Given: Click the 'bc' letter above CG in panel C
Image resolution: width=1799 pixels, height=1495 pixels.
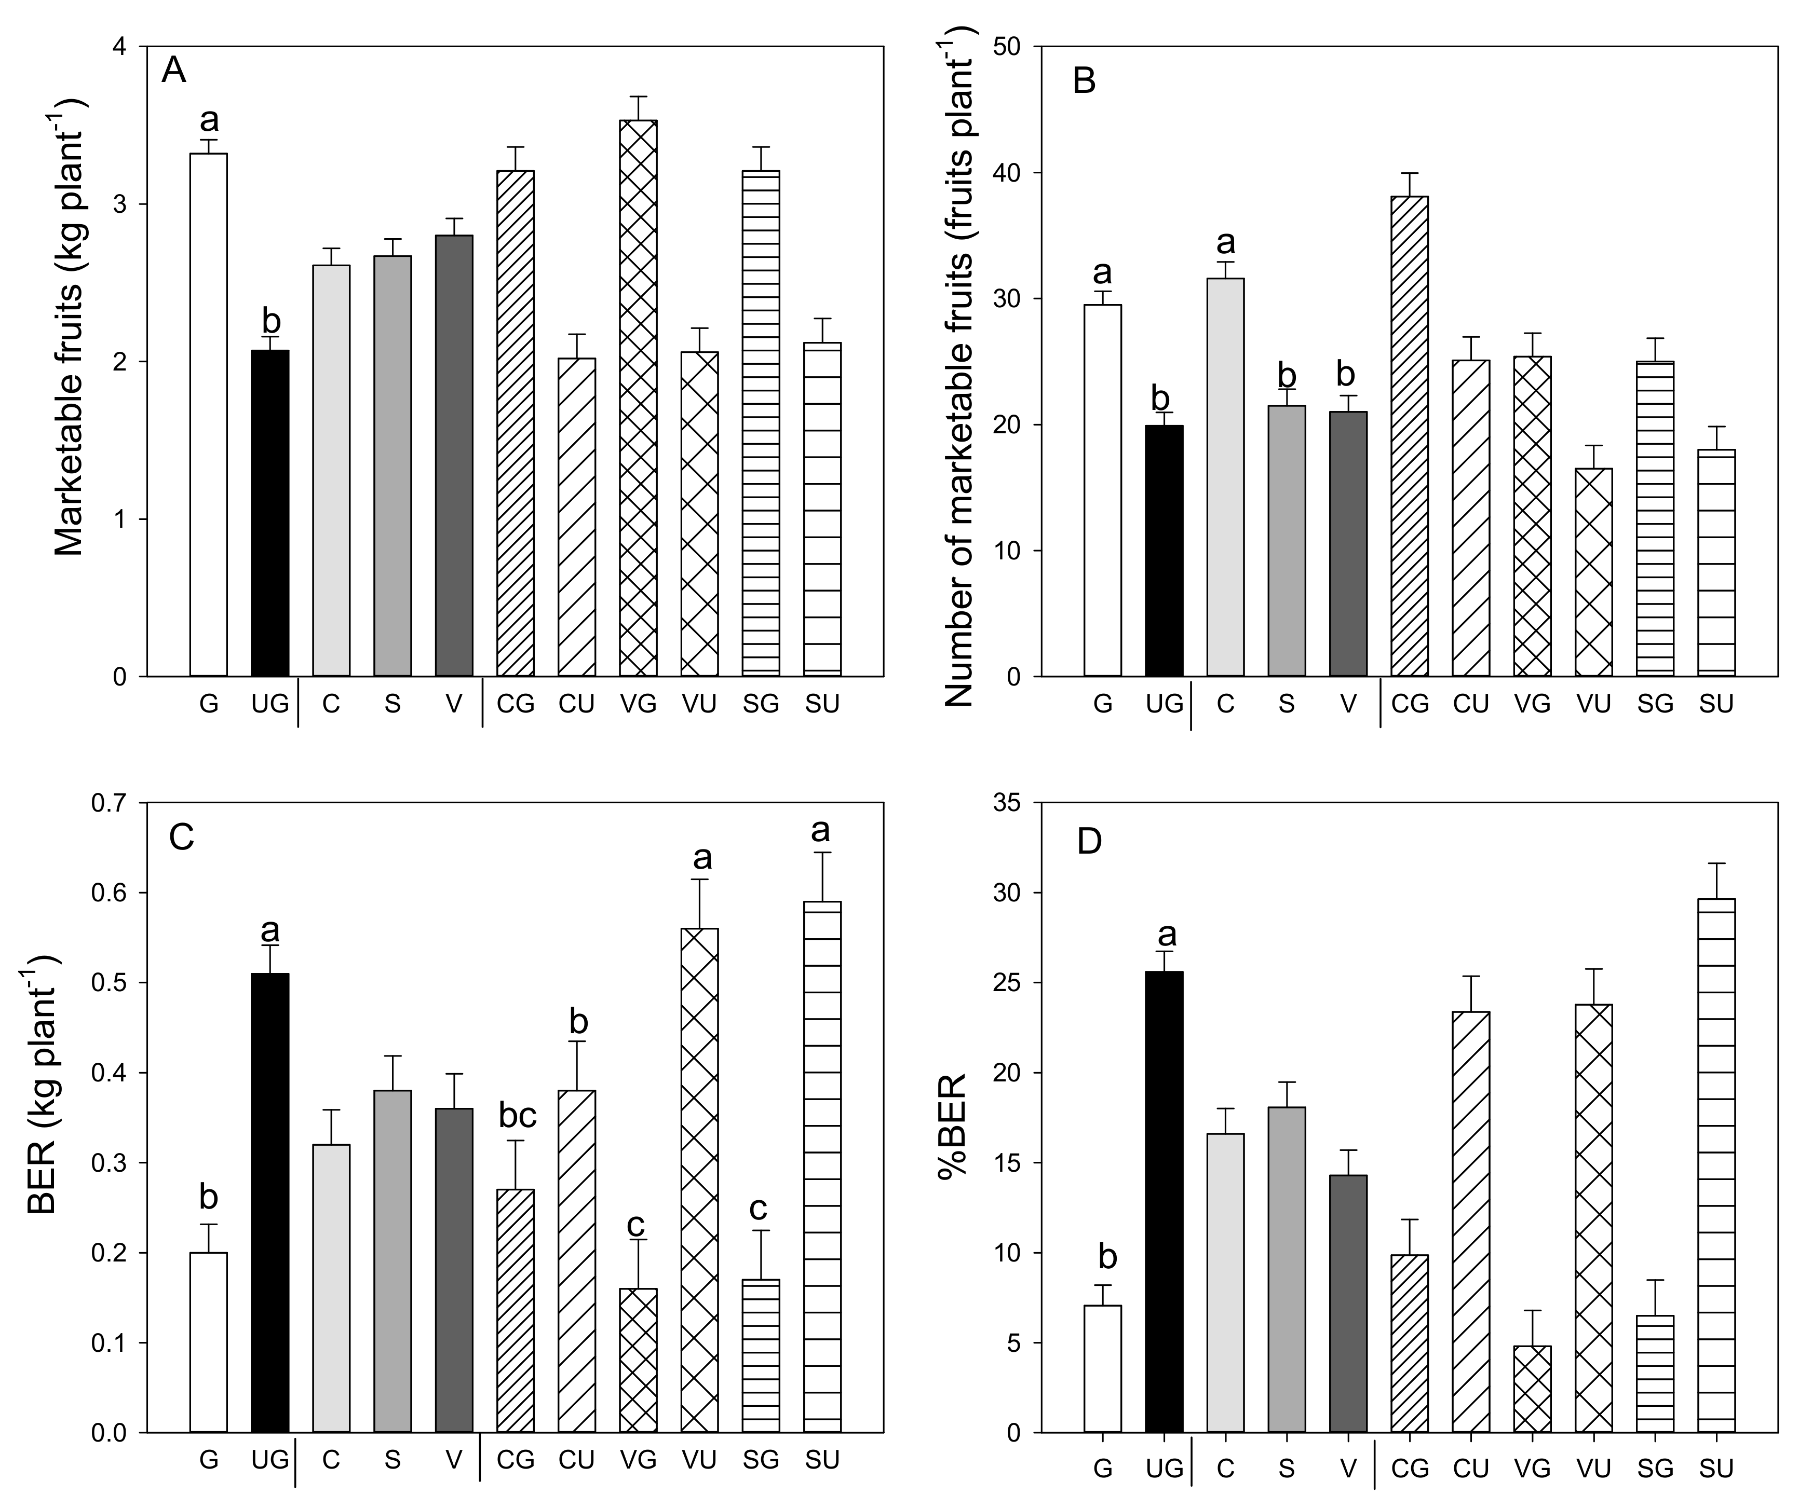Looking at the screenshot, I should (518, 1116).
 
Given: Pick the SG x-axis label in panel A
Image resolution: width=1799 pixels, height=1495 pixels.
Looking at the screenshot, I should (761, 704).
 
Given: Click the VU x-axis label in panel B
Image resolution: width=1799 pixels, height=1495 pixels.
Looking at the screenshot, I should (1593, 704).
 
